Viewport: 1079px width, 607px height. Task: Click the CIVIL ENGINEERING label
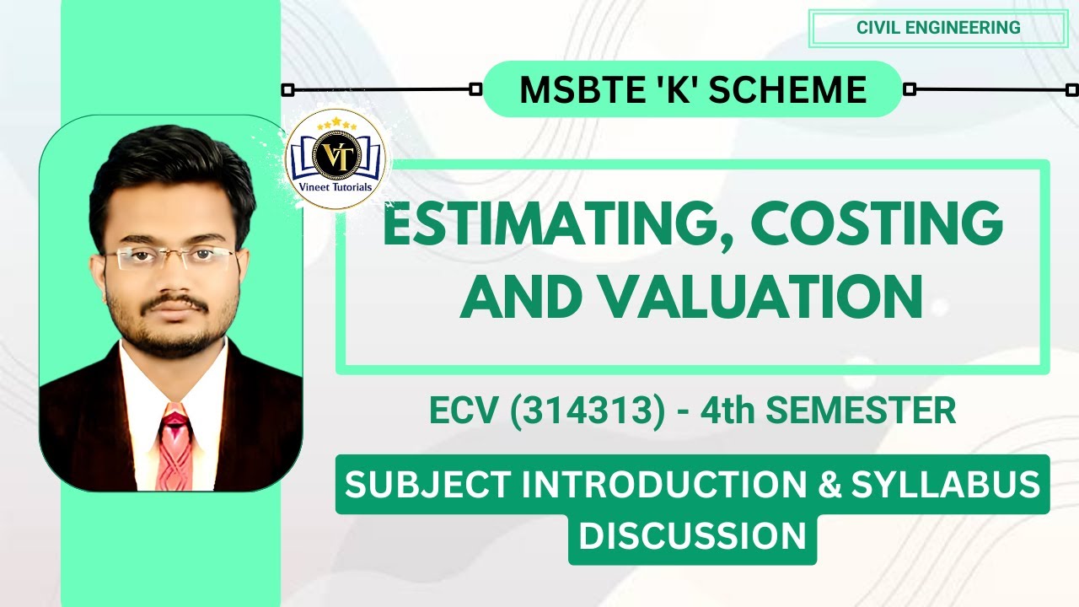tap(938, 28)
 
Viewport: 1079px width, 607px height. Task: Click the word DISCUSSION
tap(692, 537)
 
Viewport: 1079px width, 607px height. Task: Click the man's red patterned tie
tap(174, 447)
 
